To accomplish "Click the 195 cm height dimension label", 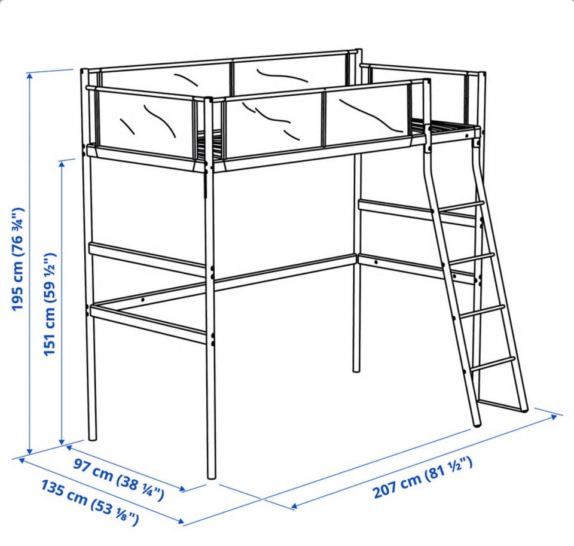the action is click(17, 260).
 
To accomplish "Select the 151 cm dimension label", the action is click(49, 304).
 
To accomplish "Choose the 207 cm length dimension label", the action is click(423, 477).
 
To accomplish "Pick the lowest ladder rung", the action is click(493, 362).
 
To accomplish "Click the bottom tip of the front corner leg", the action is click(212, 477).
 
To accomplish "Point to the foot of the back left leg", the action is click(93, 438).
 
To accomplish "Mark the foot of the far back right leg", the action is click(356, 371).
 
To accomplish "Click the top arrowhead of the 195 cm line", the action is click(30, 75).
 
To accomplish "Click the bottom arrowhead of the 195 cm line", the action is click(30, 452).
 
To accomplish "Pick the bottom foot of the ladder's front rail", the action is click(477, 425).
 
